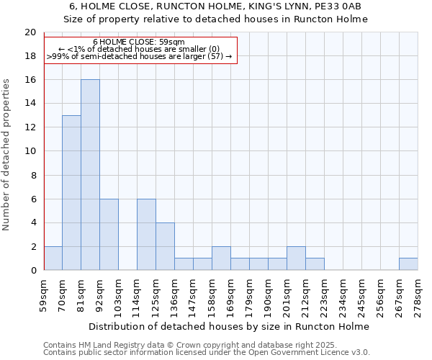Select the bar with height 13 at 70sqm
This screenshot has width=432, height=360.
pos(71,193)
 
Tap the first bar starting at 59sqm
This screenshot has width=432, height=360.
pos(53,258)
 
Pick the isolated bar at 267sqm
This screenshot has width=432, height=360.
pos(408,264)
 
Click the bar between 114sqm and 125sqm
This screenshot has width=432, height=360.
pos(146,235)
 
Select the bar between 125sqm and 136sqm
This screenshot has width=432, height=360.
pos(165,246)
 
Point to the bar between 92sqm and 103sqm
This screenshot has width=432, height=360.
pos(109,235)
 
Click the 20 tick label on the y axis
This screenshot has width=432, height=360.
pos(30,32)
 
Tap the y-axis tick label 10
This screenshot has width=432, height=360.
pos(30,151)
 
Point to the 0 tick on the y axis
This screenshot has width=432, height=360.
pos(32,271)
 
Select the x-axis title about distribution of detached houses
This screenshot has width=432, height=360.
pos(230,326)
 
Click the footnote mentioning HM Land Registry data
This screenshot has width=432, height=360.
pos(189,345)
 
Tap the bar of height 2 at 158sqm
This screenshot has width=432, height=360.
pos(221,258)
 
